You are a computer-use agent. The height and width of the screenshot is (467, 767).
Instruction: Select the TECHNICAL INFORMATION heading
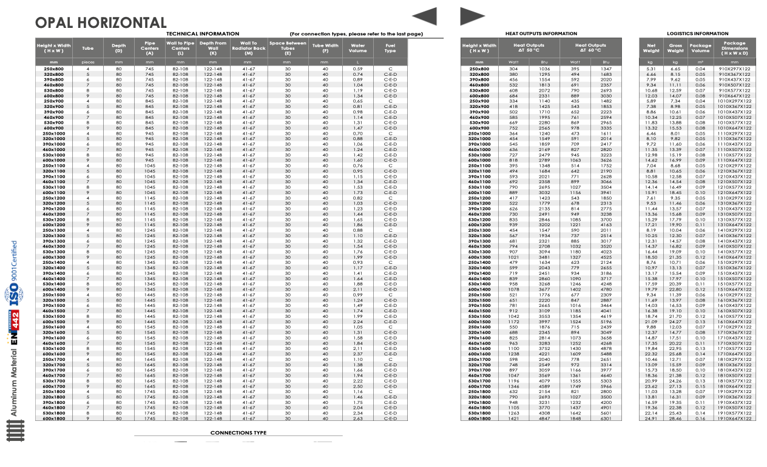coord(203,34)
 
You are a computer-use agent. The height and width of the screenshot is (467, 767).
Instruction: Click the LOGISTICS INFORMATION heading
coord(697,34)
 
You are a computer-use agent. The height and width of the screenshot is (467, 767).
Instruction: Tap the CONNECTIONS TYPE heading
coord(238,433)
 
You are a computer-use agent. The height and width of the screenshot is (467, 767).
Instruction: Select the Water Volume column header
coord(358,48)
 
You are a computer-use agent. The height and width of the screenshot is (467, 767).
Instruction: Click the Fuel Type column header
coord(390,48)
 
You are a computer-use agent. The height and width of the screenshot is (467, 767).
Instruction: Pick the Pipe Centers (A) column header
coord(149,48)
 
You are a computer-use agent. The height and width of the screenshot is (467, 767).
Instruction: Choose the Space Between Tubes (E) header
coord(288,48)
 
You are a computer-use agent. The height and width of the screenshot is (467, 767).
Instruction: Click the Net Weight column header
coord(651,48)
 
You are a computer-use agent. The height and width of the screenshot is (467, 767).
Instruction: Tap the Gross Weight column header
coord(675,48)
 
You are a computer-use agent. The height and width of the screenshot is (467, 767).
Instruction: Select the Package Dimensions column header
coord(734,48)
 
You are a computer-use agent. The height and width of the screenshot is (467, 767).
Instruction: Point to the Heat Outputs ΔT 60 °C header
coord(590,48)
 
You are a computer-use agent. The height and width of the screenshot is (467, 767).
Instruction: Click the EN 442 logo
coord(14,328)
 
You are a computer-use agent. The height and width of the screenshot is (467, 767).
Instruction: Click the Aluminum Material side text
coord(13,388)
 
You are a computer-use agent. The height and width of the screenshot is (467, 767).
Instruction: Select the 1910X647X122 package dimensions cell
coord(734,418)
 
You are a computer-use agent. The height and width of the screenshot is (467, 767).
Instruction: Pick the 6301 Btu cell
coord(606,418)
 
